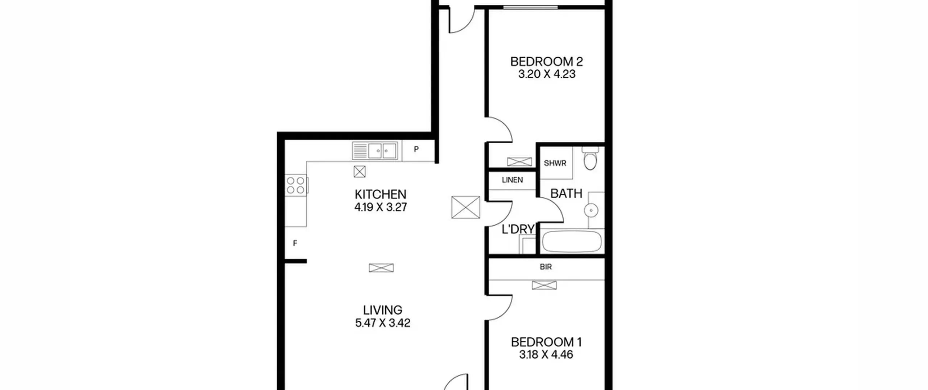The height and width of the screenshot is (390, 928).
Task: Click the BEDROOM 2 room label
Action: pyautogui.click(x=546, y=62)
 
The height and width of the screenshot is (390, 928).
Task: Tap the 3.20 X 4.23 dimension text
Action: pyautogui.click(x=547, y=74)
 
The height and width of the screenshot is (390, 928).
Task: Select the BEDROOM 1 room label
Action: pyautogui.click(x=546, y=342)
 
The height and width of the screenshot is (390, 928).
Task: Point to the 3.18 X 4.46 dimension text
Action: pyautogui.click(x=546, y=354)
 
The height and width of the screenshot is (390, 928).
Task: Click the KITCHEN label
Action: pyautogui.click(x=381, y=194)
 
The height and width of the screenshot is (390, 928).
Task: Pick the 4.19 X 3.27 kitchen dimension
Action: pyautogui.click(x=381, y=207)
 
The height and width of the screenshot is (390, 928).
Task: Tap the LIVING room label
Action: pyautogui.click(x=383, y=310)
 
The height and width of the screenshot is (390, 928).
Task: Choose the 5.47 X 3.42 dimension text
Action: pyautogui.click(x=383, y=323)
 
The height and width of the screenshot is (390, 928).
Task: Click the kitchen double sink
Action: pyautogui.click(x=375, y=151)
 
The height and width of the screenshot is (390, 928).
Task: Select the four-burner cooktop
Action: pyautogui.click(x=295, y=185)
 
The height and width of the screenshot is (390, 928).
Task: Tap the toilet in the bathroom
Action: pyautogui.click(x=590, y=158)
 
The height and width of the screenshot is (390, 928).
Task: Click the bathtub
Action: pyautogui.click(x=571, y=241)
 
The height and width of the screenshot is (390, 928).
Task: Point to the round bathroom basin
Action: pyautogui.click(x=591, y=210)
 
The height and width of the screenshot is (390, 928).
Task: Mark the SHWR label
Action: pyautogui.click(x=555, y=163)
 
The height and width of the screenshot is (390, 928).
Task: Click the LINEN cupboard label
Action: pyautogui.click(x=512, y=180)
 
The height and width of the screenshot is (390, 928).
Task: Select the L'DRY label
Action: pyautogui.click(x=518, y=229)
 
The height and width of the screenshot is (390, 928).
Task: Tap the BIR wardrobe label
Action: pyautogui.click(x=546, y=267)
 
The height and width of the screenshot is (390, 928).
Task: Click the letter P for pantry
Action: pyautogui.click(x=417, y=149)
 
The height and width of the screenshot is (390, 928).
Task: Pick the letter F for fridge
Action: pyautogui.click(x=295, y=243)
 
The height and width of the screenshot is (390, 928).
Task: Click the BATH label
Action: pyautogui.click(x=566, y=194)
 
